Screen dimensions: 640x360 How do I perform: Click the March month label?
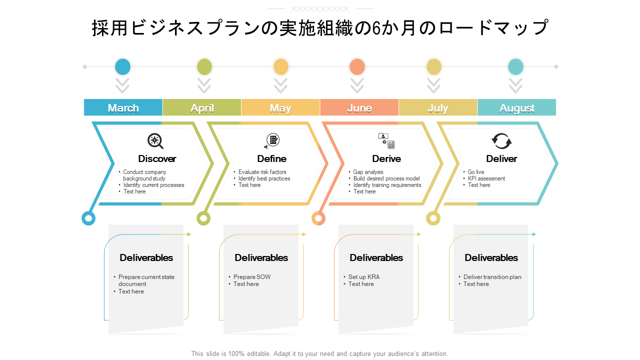(123, 108)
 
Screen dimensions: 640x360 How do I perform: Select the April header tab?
(201, 107)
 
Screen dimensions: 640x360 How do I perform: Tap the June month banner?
(359, 107)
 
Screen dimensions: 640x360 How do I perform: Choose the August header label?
(517, 108)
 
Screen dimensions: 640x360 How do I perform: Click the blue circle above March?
(123, 67)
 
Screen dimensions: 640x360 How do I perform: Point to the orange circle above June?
(357, 67)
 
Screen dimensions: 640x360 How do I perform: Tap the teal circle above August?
(515, 67)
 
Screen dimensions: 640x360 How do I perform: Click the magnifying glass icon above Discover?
(155, 141)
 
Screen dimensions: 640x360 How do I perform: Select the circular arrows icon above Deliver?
(501, 141)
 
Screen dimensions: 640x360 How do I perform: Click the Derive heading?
(386, 158)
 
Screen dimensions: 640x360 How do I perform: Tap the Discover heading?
(157, 158)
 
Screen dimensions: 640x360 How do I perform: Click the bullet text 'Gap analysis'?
(368, 172)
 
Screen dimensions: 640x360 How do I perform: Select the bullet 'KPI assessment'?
(486, 178)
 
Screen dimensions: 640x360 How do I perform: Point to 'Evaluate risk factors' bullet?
(262, 172)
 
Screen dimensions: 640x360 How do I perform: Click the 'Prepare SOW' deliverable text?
(252, 277)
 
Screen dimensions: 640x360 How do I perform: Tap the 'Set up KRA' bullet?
(364, 277)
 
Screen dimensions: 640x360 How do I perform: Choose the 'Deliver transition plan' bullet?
(492, 277)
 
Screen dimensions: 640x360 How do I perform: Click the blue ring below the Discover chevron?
(88, 218)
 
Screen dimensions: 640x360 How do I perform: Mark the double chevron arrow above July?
(433, 85)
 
